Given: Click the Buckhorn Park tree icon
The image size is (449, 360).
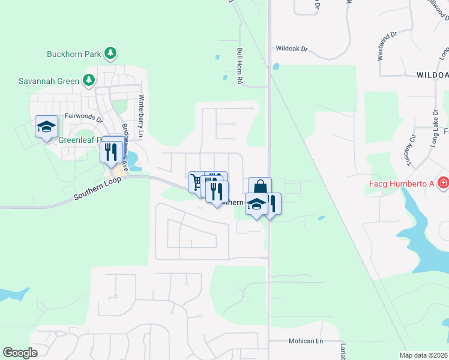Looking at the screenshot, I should click(110, 54).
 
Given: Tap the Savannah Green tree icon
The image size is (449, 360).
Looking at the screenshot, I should click(89, 80).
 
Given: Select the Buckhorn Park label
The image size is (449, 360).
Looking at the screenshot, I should click(74, 54).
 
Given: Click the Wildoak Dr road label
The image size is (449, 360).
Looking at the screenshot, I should click(291, 48).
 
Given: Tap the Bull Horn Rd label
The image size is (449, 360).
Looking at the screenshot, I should click(240, 65).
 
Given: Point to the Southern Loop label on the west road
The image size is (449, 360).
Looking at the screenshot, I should click(97, 188).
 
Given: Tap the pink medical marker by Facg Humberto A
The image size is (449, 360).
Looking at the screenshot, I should click(444, 182).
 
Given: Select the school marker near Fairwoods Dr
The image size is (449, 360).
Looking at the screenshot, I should click(46, 127).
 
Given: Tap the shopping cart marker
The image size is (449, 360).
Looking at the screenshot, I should click(197, 182).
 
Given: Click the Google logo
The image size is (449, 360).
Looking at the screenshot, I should click(20, 353).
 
